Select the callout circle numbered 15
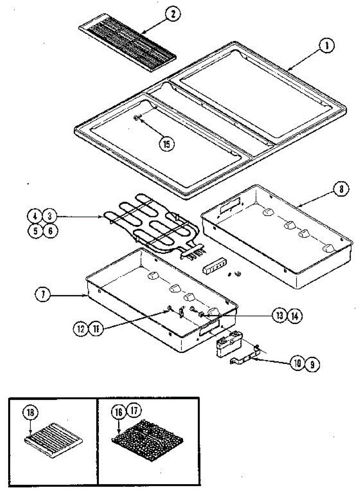[x=167, y=144]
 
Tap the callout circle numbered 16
[x=118, y=410]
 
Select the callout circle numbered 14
[x=295, y=315]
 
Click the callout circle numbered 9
[x=313, y=364]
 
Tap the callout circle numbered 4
[x=35, y=216]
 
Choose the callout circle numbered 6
[x=50, y=231]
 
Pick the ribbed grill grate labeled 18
[x=53, y=439]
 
